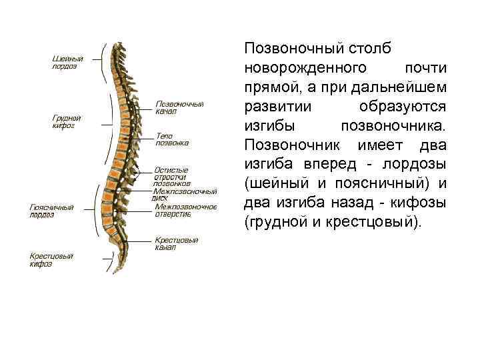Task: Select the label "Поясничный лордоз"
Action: tap(51, 211)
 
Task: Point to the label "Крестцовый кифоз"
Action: tap(51, 260)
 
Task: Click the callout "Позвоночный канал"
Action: tap(179, 107)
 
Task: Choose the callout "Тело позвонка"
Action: tap(172, 139)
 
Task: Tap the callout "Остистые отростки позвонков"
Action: tap(173, 177)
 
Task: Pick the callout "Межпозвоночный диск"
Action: tap(185, 194)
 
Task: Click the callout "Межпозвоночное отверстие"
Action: tap(186, 210)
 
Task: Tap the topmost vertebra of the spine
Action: tap(121, 46)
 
